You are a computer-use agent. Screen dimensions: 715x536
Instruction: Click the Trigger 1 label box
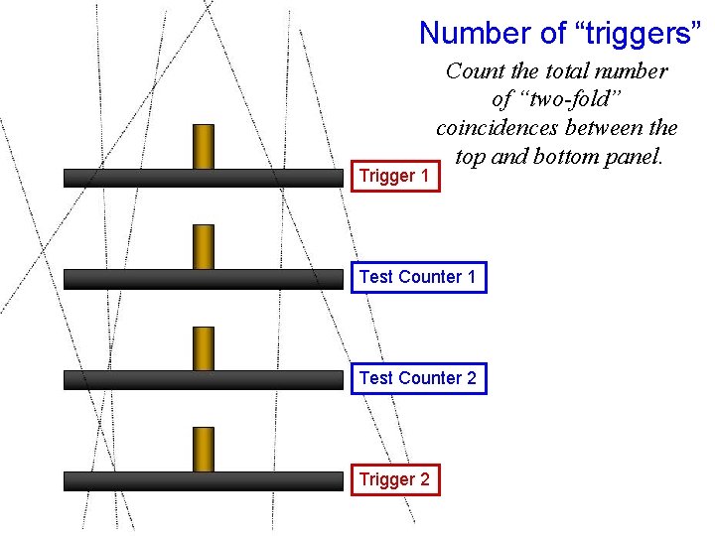(x=394, y=176)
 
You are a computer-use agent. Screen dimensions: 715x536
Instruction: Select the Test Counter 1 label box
(x=418, y=277)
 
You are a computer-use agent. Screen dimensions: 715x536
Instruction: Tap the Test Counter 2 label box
(x=418, y=378)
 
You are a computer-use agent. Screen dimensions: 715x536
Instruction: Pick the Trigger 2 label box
(x=394, y=479)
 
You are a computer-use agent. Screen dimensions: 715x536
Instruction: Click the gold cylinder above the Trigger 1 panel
(x=204, y=146)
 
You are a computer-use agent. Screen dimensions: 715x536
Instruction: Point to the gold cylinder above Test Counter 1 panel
(x=204, y=246)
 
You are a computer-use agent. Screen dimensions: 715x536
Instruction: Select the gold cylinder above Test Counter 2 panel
(x=204, y=348)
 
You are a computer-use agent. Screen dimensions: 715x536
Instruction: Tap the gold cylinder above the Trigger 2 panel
(x=204, y=449)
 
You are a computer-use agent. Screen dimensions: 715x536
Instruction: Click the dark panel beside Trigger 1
(x=203, y=178)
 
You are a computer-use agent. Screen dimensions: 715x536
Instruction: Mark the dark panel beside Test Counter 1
(x=203, y=279)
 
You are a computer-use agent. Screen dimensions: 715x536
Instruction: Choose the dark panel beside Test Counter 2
(x=203, y=380)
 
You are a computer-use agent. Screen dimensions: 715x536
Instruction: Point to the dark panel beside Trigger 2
(x=203, y=481)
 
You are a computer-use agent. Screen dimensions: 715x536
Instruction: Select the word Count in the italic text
(x=474, y=71)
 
